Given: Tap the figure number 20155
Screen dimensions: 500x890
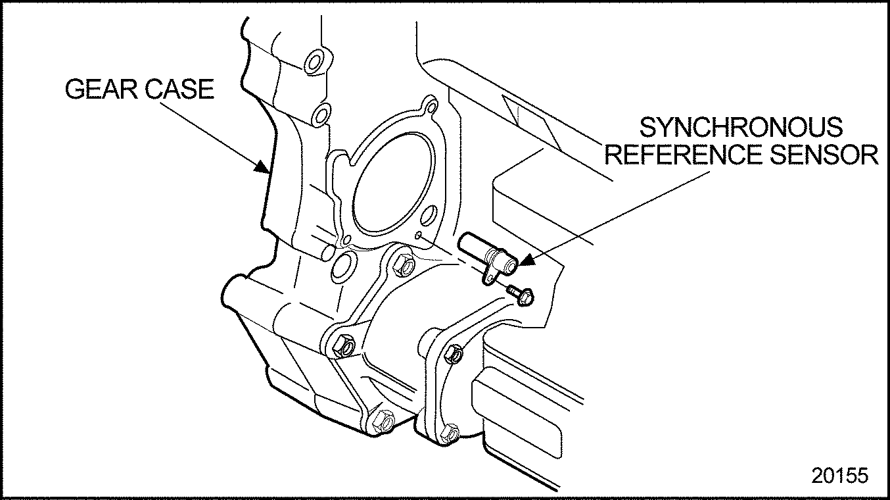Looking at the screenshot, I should pos(839,476).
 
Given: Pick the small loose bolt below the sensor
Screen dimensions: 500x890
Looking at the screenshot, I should pos(523,295).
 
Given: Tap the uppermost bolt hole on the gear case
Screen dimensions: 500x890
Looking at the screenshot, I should pos(313,64).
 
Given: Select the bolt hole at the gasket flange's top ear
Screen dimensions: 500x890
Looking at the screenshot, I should pos(431,106).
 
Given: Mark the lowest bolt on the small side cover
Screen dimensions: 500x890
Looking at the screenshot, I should pos(450,433).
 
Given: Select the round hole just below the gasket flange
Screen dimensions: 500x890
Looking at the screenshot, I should pos(341,266).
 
